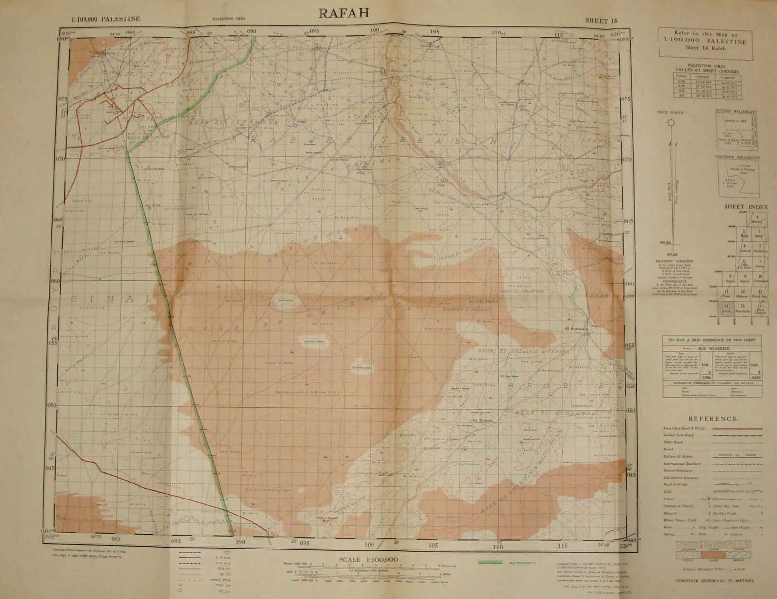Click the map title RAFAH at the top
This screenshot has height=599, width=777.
(x=343, y=13)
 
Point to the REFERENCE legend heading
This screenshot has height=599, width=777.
(x=712, y=419)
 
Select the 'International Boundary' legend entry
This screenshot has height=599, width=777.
(x=682, y=464)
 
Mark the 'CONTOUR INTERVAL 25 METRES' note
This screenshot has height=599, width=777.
(x=712, y=581)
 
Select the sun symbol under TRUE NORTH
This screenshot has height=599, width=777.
(x=670, y=124)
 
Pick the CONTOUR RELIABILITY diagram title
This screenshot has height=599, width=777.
(x=736, y=158)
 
